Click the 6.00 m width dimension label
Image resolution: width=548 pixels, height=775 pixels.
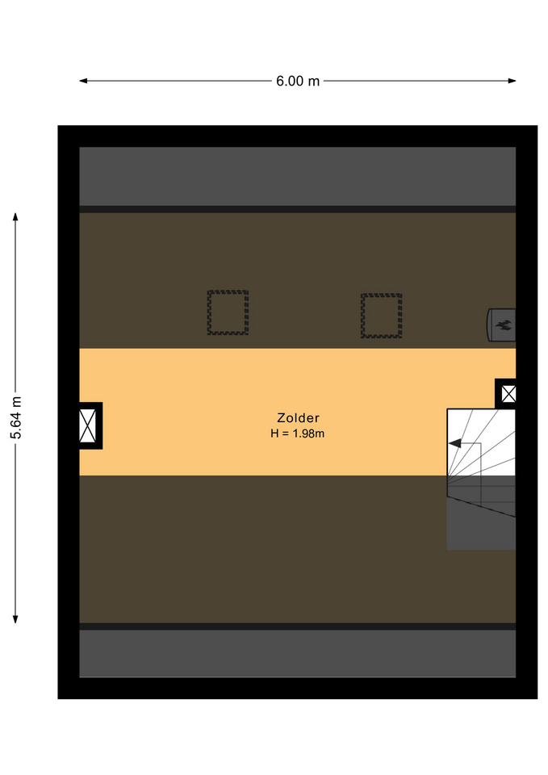point(298,81)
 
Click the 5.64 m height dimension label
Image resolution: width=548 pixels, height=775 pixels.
point(16,417)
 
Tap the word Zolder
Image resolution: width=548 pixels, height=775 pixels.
point(298,417)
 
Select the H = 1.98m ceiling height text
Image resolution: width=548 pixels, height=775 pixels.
point(298,434)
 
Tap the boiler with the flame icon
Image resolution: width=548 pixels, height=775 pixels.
point(501,325)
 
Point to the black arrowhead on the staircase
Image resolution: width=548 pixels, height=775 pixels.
point(454,443)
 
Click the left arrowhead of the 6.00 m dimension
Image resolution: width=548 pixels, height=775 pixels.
point(83,81)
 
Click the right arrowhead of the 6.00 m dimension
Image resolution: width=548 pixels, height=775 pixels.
point(512,81)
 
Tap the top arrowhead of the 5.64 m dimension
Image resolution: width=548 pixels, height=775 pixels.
point(15,217)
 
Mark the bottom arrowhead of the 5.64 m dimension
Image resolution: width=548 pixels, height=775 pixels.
point(15,619)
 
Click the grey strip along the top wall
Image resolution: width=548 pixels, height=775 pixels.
point(298,176)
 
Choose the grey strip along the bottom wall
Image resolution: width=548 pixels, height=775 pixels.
point(298,653)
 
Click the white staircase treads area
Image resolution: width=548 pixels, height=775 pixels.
point(481,442)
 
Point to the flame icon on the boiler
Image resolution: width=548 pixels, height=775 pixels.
point(504,325)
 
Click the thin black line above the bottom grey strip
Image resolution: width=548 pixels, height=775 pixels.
point(298,626)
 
